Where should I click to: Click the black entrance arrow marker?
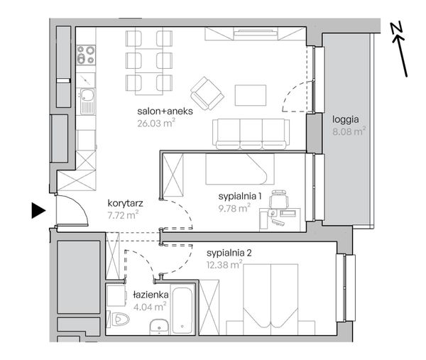click(x=38, y=210)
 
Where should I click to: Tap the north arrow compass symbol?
click(x=399, y=49)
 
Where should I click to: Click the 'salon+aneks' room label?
click(x=165, y=111)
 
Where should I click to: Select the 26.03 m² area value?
click(x=156, y=123)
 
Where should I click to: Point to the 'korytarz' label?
click(x=125, y=203)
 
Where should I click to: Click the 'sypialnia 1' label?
click(x=240, y=196)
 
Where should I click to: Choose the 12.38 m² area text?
click(x=224, y=264)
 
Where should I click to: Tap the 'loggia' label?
click(x=346, y=119)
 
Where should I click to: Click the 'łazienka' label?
click(x=151, y=295)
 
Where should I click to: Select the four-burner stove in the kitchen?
click(x=86, y=55)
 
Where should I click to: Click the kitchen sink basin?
click(x=87, y=95)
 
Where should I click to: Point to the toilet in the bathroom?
click(x=119, y=318)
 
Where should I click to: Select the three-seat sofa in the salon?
click(x=251, y=134)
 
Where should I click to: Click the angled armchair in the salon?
click(x=207, y=93)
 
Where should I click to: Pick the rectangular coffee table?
click(x=251, y=95)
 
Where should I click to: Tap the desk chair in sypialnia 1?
click(x=278, y=199)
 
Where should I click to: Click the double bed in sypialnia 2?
click(x=271, y=299)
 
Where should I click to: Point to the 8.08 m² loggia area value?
click(x=349, y=131)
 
